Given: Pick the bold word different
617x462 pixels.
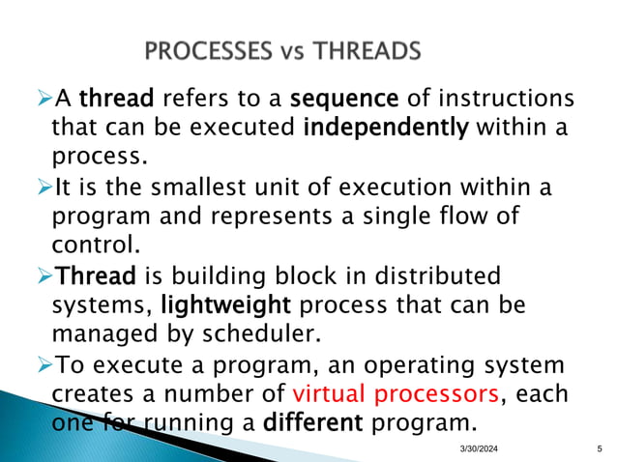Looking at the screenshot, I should click(319, 422).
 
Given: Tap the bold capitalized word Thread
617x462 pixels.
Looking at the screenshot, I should click(95, 276).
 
